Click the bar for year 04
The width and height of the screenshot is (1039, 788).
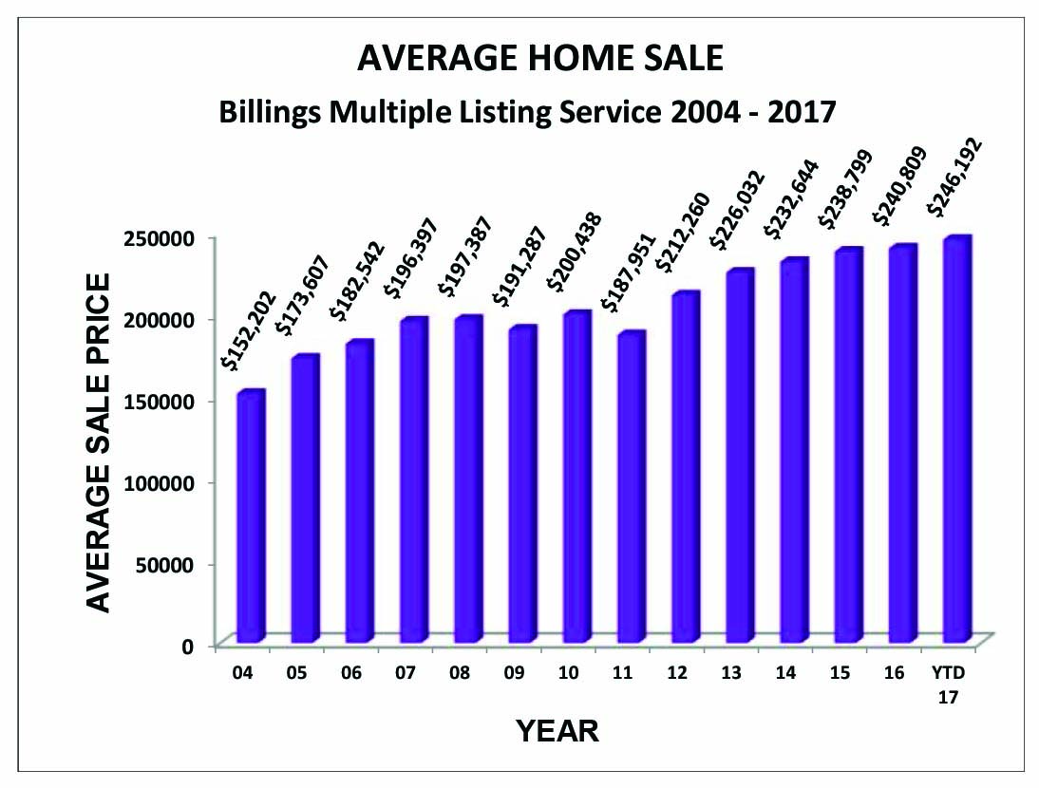251,516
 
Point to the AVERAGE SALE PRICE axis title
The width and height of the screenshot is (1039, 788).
99,441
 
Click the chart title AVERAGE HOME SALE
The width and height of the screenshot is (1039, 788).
540,59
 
